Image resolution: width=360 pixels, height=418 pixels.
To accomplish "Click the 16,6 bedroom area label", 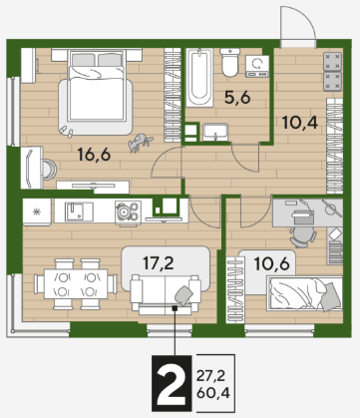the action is (x=94, y=155).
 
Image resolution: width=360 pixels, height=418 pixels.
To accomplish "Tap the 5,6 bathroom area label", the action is (x=237, y=98).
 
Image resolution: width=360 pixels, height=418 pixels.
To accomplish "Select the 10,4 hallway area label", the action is (x=300, y=123).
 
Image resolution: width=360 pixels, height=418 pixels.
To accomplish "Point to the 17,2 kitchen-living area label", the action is (x=159, y=263).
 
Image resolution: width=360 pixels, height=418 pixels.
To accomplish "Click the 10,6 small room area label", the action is (x=271, y=264).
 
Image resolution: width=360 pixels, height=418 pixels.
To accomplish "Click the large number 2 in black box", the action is (x=172, y=383).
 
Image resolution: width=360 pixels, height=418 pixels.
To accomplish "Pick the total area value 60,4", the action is (x=213, y=394).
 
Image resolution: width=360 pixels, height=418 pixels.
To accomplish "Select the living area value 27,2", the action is (x=210, y=376).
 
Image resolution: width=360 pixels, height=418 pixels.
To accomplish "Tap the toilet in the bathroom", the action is (x=230, y=62).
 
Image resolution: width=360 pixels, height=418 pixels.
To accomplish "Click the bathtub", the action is (x=199, y=78).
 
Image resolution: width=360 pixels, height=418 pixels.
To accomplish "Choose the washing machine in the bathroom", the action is (x=257, y=66).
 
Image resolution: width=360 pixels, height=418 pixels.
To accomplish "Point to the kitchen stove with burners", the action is (x=128, y=212).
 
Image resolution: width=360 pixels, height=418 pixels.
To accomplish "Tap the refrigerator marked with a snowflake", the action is (x=37, y=212).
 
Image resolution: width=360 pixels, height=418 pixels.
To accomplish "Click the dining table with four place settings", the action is (x=76, y=284).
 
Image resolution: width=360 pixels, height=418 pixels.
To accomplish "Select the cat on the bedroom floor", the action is (x=141, y=143).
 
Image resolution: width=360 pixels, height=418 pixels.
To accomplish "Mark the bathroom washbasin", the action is (x=215, y=132).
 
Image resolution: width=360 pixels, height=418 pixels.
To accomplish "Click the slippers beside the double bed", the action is (x=67, y=132).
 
